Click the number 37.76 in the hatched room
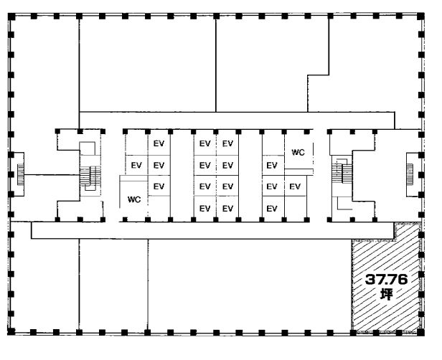point(386,280)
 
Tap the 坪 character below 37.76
point(386,294)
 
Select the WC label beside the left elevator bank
point(134,199)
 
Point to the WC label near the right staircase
point(298,152)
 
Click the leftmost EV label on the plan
point(136,165)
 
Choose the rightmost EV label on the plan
point(295,186)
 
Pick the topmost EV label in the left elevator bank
point(159,143)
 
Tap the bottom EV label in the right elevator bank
point(272,209)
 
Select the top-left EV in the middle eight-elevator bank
point(205,143)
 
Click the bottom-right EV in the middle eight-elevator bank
point(227,209)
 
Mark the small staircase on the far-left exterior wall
point(21,175)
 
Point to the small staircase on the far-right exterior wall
point(410,174)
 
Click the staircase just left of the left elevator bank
point(90,176)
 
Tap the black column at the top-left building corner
point(11,16)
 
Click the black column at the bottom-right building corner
point(421,333)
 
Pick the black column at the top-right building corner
point(421,16)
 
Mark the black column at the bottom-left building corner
point(11,332)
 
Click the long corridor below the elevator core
point(212,230)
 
